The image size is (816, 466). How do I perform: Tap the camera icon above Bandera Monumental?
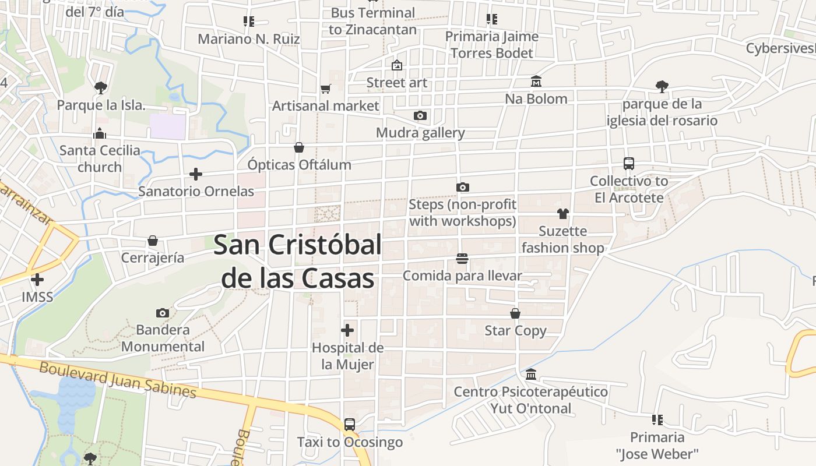coord(163,313)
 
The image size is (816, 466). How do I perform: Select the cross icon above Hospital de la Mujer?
coord(347,331)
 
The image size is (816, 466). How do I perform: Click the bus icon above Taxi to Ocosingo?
coord(350,425)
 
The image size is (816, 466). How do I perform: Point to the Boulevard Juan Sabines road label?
coord(118,379)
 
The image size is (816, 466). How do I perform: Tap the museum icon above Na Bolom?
coord(536,82)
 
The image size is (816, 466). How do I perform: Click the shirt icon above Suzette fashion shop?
coord(562,214)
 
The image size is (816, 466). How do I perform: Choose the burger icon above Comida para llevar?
coord(462,259)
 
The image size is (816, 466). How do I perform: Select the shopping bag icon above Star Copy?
coord(515,314)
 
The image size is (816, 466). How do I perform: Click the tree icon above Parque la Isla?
coord(101,88)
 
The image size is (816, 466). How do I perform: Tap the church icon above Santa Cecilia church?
coord(100,133)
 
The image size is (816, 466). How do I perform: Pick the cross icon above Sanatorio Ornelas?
coord(196,174)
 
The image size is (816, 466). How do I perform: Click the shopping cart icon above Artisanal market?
coord(325,89)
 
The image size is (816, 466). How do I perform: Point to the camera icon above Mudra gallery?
coord(420,116)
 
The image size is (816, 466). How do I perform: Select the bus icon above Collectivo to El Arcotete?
coord(628,164)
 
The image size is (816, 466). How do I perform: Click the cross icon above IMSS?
coord(37,280)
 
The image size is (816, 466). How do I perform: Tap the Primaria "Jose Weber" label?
coord(657,445)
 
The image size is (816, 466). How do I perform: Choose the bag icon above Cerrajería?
coord(153,241)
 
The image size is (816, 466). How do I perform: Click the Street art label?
coord(396,83)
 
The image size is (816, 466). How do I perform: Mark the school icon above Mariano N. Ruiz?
coord(249,22)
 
